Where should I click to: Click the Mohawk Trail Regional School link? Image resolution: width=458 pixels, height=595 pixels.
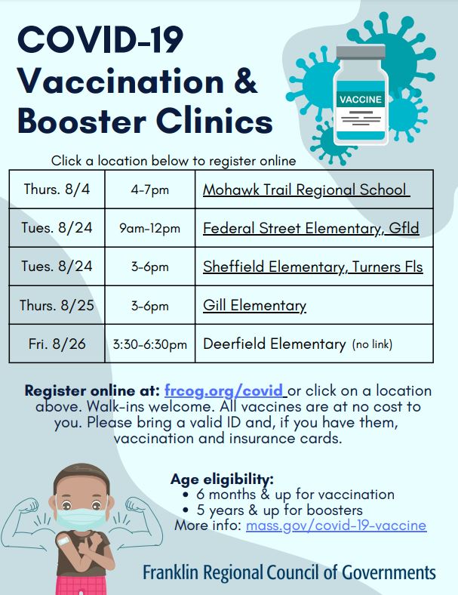(x=305, y=190)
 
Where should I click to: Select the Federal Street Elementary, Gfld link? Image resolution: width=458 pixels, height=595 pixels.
(x=311, y=228)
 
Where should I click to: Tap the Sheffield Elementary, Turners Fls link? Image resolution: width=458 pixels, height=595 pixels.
(x=312, y=267)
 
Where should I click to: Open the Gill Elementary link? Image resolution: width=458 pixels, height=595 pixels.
(x=254, y=305)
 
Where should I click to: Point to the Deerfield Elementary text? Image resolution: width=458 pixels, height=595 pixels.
(x=274, y=344)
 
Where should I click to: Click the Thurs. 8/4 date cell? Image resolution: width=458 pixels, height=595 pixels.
(x=57, y=190)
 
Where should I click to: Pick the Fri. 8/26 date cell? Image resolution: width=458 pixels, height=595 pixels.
(x=57, y=344)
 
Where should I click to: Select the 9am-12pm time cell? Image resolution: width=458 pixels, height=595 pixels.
(x=150, y=228)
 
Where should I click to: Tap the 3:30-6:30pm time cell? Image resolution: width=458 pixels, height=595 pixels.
(x=150, y=344)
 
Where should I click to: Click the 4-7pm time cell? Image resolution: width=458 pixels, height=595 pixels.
(x=150, y=190)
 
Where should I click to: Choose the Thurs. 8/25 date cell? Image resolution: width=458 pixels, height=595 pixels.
(x=57, y=305)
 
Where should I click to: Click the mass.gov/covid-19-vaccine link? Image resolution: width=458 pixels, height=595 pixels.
(x=336, y=526)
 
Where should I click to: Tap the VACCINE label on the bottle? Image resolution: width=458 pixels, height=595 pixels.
(x=361, y=100)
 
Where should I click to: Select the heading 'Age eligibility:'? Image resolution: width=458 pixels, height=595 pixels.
(x=222, y=479)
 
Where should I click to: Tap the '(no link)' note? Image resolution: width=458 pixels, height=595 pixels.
(x=372, y=344)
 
